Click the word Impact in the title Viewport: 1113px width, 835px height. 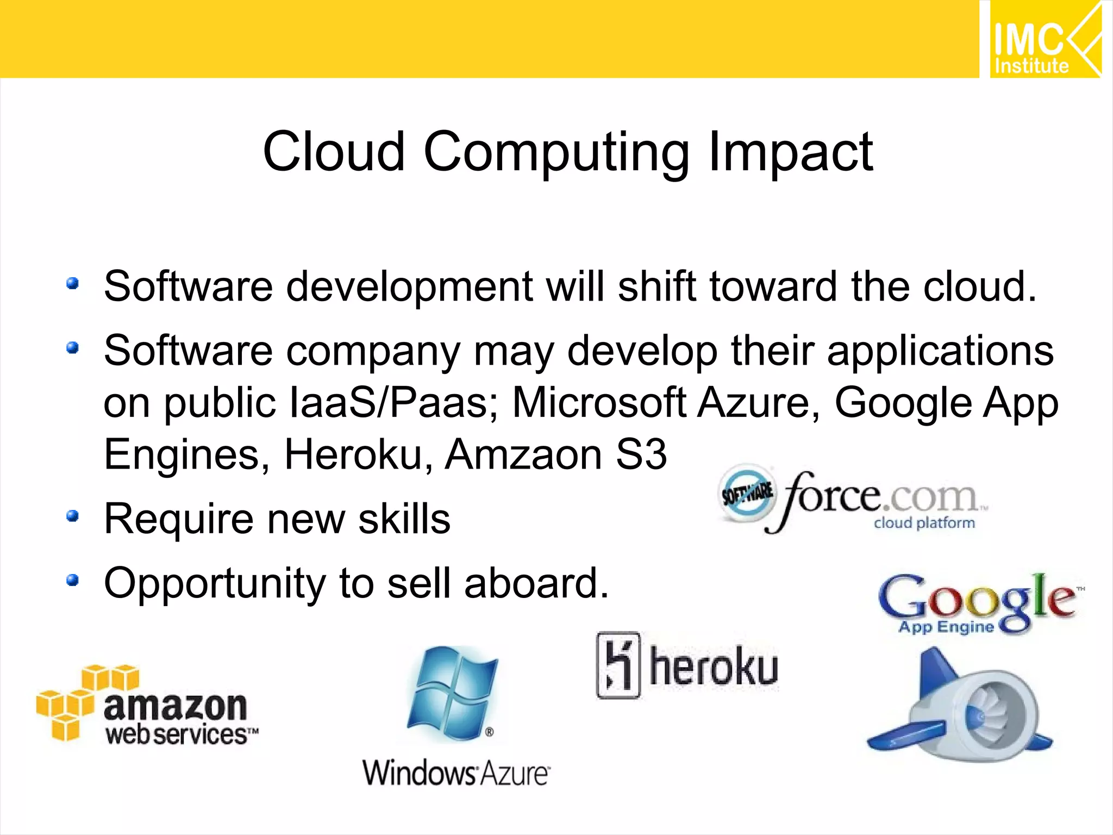pyautogui.click(x=791, y=152)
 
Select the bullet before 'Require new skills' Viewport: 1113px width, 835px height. pyautogui.click(x=72, y=516)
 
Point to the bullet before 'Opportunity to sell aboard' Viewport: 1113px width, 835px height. pyautogui.click(x=72, y=581)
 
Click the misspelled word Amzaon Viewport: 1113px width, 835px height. pyautogui.click(x=523, y=454)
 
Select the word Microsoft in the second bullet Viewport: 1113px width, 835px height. pyautogui.click(x=599, y=403)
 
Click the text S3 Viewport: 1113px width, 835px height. pyautogui.click(x=641, y=454)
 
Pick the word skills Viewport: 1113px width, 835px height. pyautogui.click(x=404, y=519)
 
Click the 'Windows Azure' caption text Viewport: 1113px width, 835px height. pyautogui.click(x=456, y=772)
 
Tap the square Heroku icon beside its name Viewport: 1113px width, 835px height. pyautogui.click(x=618, y=664)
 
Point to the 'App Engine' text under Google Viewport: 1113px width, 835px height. pyautogui.click(x=946, y=627)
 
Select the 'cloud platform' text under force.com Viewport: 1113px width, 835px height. pyautogui.click(x=924, y=523)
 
